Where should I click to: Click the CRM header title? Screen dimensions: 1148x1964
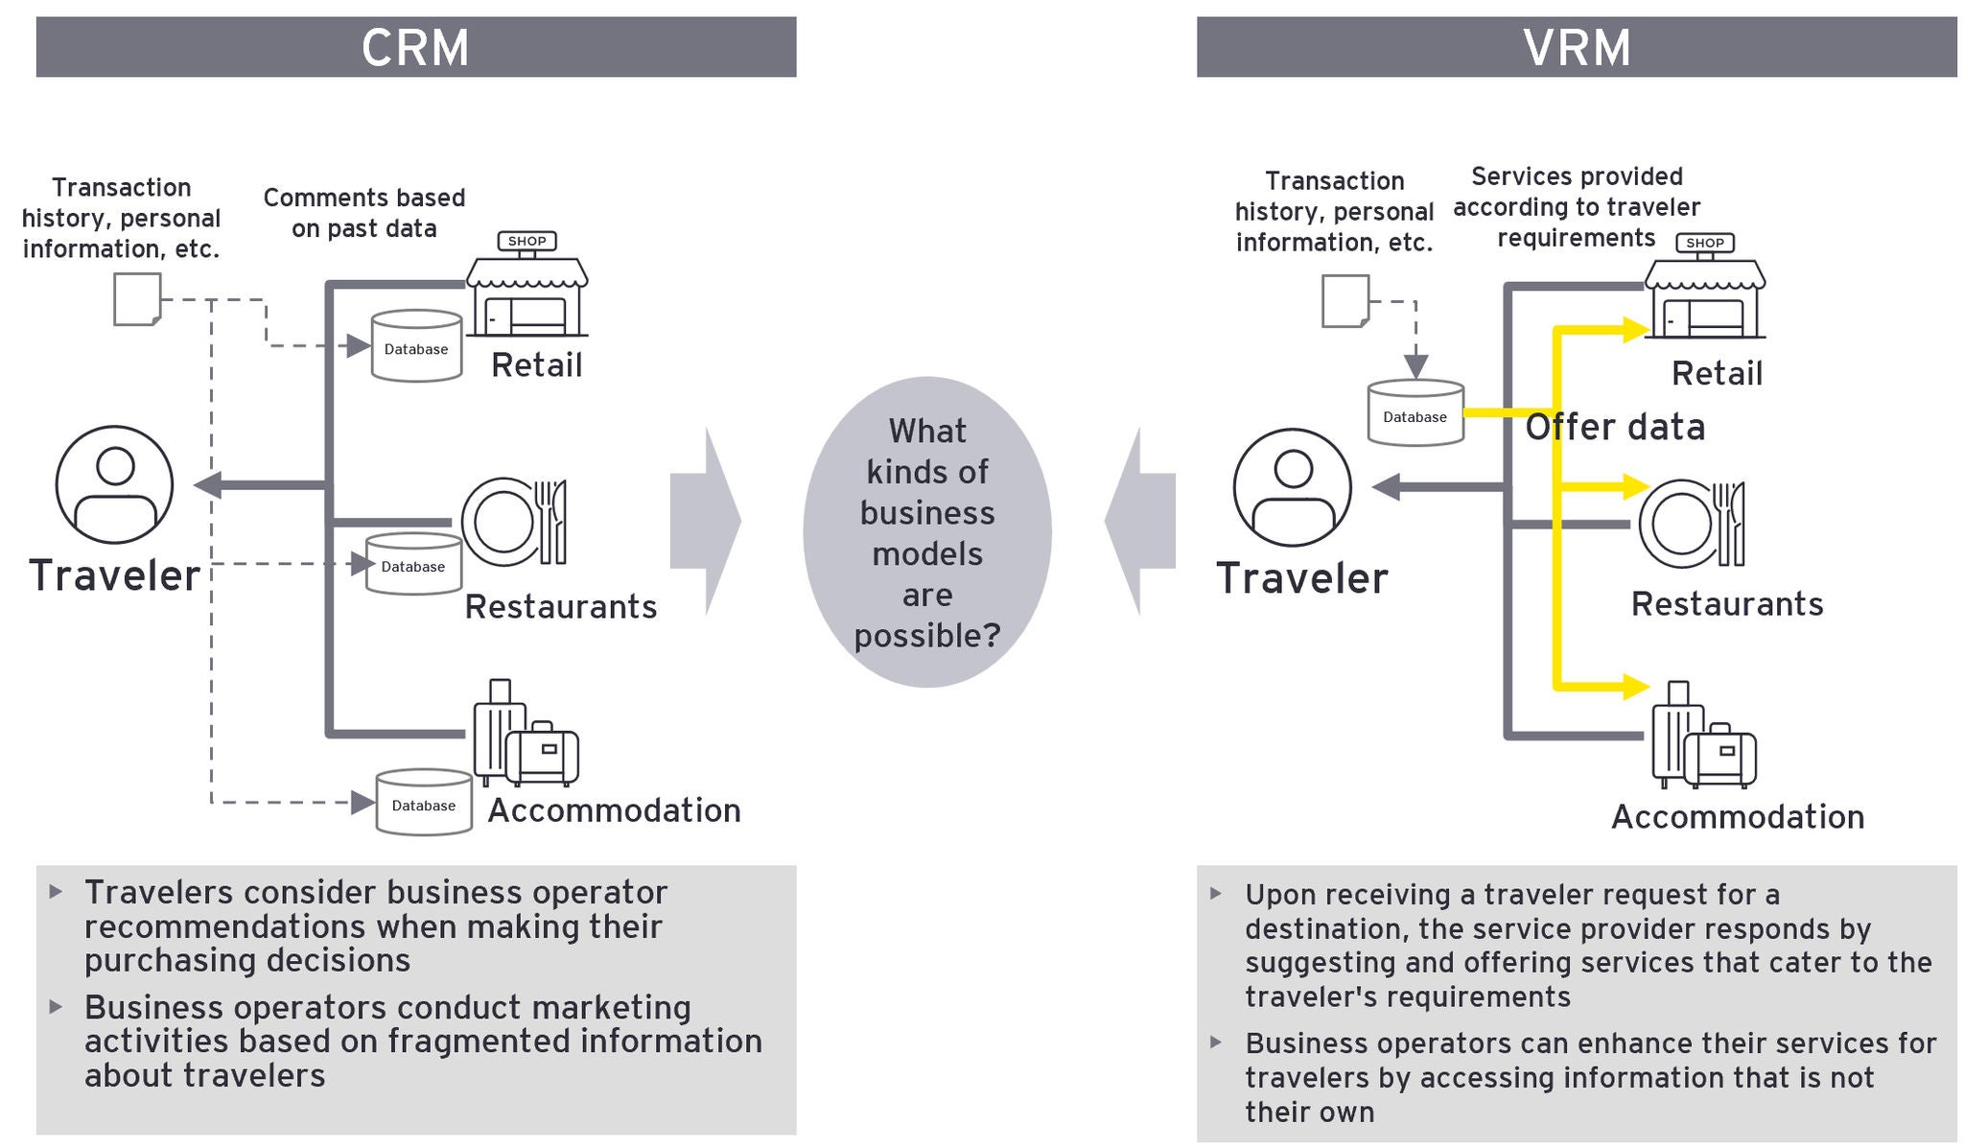pyautogui.click(x=415, y=47)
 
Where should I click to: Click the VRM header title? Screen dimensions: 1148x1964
pyautogui.click(x=1577, y=47)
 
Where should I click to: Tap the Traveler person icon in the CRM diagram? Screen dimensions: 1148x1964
pyautogui.click(x=114, y=484)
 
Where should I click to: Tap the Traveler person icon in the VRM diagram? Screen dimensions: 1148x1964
pyautogui.click(x=1292, y=487)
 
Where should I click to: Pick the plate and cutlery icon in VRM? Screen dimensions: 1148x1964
pyautogui.click(x=1692, y=523)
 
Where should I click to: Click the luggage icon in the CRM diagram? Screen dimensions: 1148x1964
pyautogui.click(x=526, y=734)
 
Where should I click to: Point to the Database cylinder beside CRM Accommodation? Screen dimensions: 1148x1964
pyautogui.click(x=423, y=803)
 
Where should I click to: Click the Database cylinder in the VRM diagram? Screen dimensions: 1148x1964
pyautogui.click(x=1415, y=413)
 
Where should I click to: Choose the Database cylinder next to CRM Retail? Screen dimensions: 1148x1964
pyautogui.click(x=415, y=345)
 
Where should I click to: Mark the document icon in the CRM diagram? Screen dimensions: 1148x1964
pyautogui.click(x=137, y=299)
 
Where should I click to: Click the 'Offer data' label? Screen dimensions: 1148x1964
pyautogui.click(x=1615, y=427)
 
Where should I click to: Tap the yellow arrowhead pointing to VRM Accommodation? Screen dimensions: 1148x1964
pyautogui.click(x=1635, y=686)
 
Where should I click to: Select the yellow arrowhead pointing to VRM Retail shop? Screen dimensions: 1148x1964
pyautogui.click(x=1635, y=330)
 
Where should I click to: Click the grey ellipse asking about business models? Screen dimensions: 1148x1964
pyautogui.click(x=926, y=532)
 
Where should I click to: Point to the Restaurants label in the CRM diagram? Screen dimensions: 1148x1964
pyautogui.click(x=561, y=606)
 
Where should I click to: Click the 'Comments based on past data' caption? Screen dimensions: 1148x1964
pyautogui.click(x=364, y=213)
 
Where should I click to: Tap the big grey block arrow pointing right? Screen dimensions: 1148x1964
pyautogui.click(x=705, y=521)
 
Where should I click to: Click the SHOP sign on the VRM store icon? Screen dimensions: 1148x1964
pyautogui.click(x=1704, y=243)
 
